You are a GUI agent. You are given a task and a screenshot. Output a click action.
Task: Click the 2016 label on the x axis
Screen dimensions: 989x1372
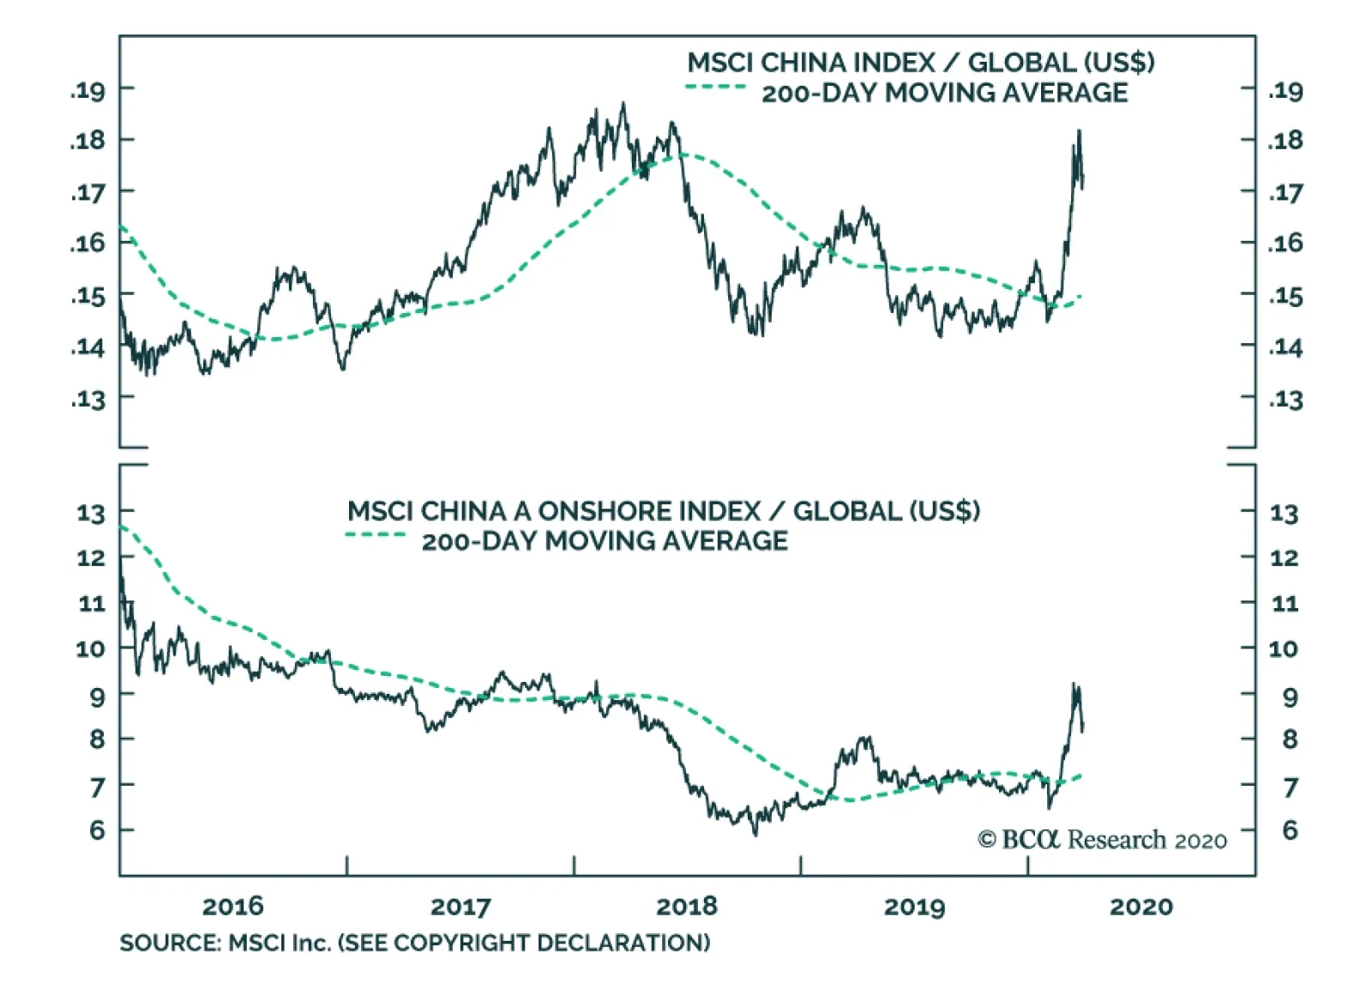[x=232, y=907]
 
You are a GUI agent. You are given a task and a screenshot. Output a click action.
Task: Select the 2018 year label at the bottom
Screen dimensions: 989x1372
[x=686, y=907]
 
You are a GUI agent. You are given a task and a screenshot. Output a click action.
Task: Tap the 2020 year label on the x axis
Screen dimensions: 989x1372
[x=1140, y=907]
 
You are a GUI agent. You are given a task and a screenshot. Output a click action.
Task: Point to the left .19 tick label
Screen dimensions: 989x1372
[x=87, y=90]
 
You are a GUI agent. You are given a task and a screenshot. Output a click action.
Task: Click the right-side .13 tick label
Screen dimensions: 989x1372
[x=1285, y=400]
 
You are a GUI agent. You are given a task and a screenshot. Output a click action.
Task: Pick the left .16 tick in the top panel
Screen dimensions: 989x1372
[x=87, y=244]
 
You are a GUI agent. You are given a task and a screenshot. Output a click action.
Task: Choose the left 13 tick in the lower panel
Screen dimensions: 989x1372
[x=91, y=514]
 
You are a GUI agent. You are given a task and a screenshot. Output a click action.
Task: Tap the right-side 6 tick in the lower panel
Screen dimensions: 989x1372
[x=1290, y=830]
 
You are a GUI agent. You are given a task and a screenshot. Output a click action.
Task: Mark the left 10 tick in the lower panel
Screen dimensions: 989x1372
[x=91, y=648]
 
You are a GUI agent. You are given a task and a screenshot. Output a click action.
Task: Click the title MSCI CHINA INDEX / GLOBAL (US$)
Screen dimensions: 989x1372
[x=920, y=63]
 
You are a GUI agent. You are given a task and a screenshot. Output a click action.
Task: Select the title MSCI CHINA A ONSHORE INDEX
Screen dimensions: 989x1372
[x=553, y=511]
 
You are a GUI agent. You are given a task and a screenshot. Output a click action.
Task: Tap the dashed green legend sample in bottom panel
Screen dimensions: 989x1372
[x=376, y=535]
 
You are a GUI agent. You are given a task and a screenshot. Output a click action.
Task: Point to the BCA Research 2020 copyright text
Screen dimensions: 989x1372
[x=1102, y=840]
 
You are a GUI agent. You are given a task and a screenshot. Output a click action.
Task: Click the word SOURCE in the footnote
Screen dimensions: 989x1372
[x=169, y=944]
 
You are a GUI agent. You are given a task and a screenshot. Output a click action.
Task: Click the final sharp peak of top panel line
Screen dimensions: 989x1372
[x=1079, y=131]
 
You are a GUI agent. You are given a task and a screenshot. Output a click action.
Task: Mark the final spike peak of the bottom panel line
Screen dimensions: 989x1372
[x=1074, y=684]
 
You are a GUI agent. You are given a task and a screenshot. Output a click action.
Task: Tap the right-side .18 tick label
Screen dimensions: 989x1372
[x=1285, y=141]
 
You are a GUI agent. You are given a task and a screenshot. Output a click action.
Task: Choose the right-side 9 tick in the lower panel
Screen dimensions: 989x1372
[x=1290, y=697]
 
